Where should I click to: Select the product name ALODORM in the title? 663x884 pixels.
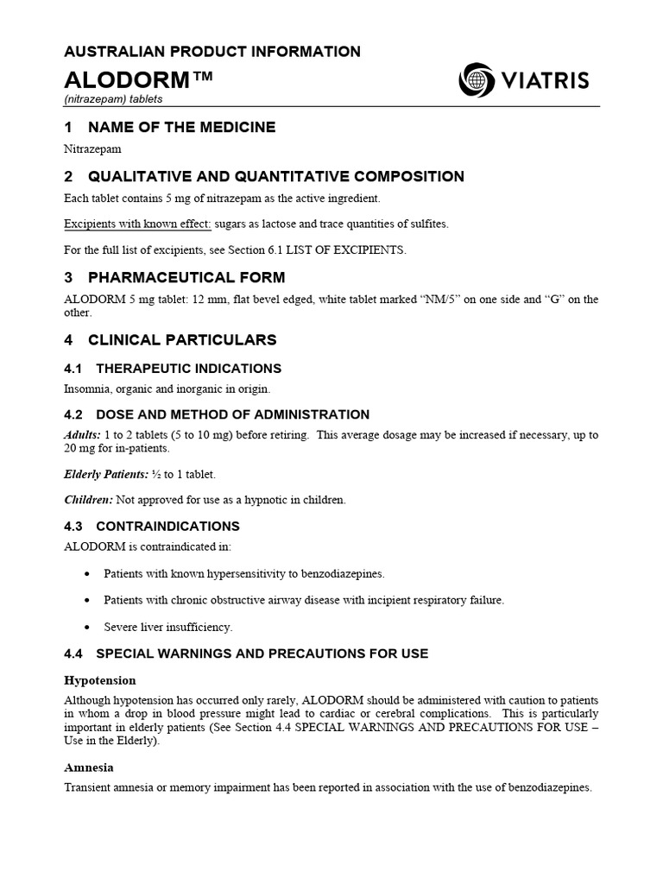[126, 80]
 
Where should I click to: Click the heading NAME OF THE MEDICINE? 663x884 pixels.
[181, 127]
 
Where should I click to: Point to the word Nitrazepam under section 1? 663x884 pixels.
[93, 148]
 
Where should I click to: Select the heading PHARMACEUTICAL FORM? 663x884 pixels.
[186, 277]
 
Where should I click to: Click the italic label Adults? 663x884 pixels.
[83, 434]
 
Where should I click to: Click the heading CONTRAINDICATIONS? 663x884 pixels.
[167, 526]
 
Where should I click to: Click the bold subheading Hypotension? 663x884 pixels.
[100, 680]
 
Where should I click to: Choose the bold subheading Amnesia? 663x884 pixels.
[89, 767]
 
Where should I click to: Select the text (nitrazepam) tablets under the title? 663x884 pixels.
[113, 99]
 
